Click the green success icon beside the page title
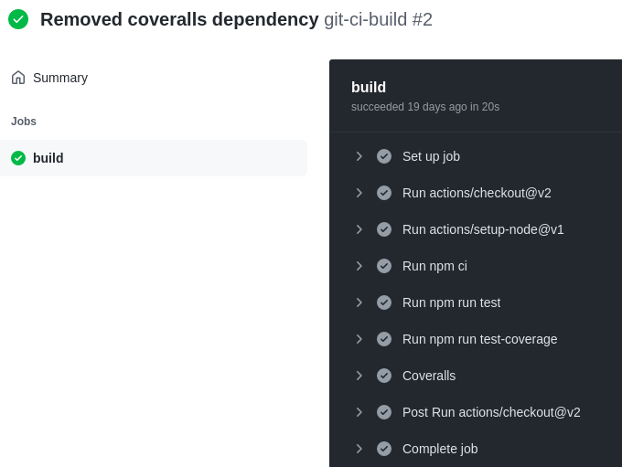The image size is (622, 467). tap(18, 19)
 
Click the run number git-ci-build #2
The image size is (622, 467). tap(378, 19)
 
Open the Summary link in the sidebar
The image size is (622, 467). tap(60, 78)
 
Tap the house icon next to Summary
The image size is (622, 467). tap(18, 78)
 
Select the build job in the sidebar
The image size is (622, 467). tap(48, 158)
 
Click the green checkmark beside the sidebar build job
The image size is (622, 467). tap(18, 158)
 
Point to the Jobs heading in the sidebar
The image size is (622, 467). tap(24, 122)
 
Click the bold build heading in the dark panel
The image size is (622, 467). tap(369, 87)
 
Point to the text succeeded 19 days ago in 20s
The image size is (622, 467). tap(425, 107)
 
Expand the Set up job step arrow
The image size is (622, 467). tap(359, 156)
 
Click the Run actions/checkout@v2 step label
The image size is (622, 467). tap(477, 193)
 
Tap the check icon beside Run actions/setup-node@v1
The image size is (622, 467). tap(384, 229)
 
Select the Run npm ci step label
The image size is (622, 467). tap(434, 266)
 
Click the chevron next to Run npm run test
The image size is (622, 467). tap(359, 302)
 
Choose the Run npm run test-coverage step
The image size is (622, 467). tap(479, 339)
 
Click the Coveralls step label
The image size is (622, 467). tap(429, 376)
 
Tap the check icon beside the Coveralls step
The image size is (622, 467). tap(384, 376)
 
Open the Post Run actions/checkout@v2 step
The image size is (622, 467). tap(491, 412)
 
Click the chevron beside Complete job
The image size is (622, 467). tap(359, 449)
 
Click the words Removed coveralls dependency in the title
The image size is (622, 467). tap(179, 19)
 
